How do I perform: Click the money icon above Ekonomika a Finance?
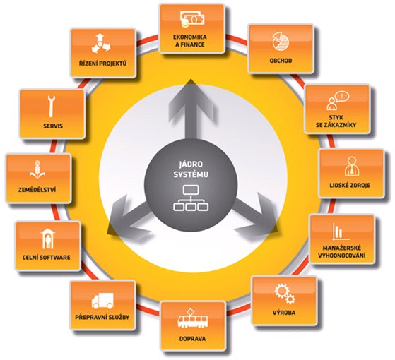[x=192, y=19]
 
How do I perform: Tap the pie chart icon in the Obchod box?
[x=281, y=41]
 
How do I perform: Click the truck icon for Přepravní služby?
[x=102, y=301]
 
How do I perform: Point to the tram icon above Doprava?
[x=193, y=319]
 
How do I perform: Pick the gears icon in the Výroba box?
[x=285, y=294]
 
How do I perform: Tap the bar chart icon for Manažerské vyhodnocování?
[x=341, y=231]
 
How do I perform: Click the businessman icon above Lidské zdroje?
[x=352, y=166]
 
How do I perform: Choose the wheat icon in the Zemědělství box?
[x=37, y=169]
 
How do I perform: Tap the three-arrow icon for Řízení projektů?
[x=100, y=43]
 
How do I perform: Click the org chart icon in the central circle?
[x=191, y=198]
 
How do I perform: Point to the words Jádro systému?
[x=191, y=169]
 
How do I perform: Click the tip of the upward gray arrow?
[x=191, y=79]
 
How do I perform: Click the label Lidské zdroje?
[x=350, y=186]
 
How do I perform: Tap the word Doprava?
[x=192, y=339]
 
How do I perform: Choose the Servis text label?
[x=53, y=126]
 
